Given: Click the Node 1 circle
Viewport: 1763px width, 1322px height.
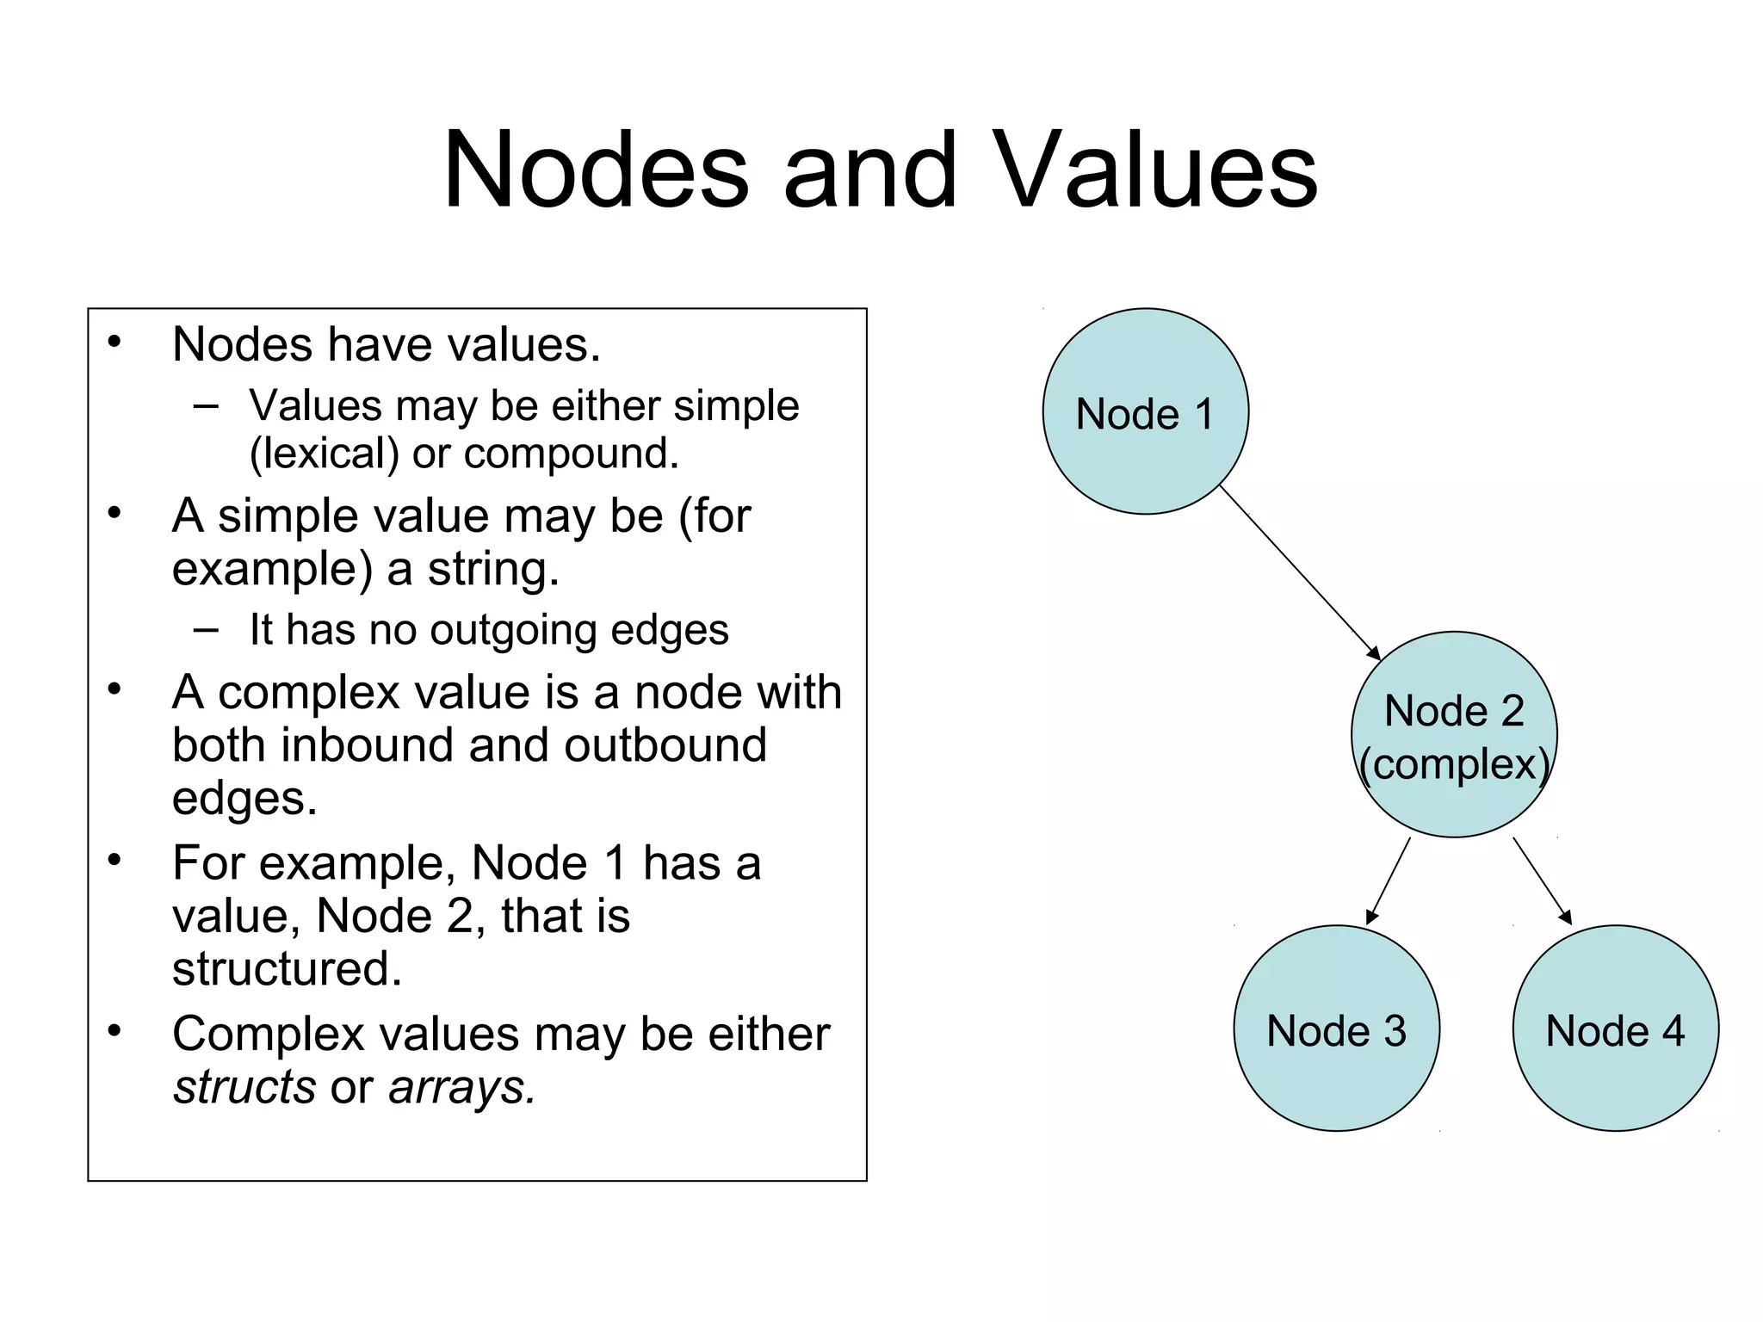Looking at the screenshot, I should click(x=1145, y=411).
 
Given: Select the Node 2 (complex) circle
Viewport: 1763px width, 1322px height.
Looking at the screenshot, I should click(x=1454, y=734).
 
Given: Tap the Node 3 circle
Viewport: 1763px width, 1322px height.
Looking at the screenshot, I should click(x=1336, y=1028).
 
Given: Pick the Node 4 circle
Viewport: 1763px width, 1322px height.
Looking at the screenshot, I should click(x=1615, y=1028).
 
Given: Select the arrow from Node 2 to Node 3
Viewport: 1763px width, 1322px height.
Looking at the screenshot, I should click(x=1389, y=880).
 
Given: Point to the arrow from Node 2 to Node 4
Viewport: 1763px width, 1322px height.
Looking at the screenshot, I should click(x=1542, y=880).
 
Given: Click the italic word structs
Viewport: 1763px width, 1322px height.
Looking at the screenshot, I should click(x=244, y=1086).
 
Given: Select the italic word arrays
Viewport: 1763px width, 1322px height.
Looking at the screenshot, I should click(x=461, y=1086).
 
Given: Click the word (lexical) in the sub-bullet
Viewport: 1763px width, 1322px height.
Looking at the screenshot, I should click(x=324, y=454).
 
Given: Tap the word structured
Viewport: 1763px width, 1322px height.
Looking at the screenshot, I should click(x=287, y=968).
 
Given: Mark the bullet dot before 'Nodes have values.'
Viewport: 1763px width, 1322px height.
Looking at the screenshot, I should click(x=114, y=343).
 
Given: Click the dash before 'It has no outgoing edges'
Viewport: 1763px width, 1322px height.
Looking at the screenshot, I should click(x=206, y=628).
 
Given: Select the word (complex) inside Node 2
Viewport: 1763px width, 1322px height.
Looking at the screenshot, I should click(x=1454, y=763).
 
